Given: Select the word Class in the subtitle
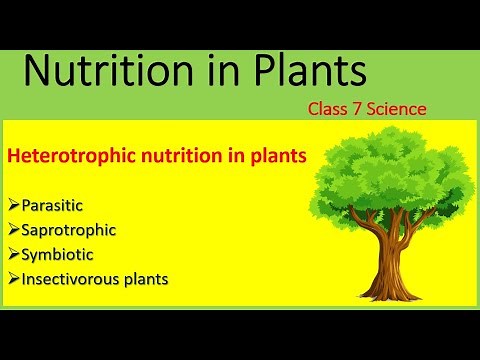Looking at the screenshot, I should click(327, 108).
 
